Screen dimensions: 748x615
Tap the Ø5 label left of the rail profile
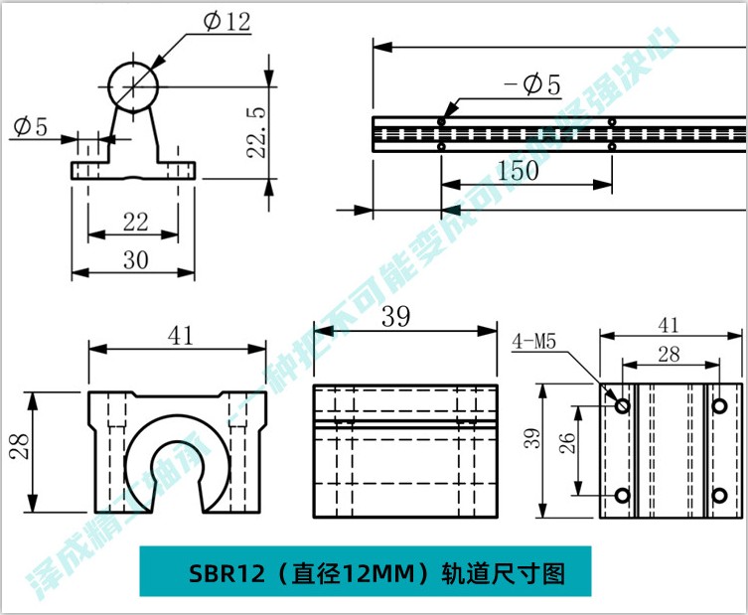coord(30,126)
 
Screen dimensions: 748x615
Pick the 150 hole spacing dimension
coord(518,170)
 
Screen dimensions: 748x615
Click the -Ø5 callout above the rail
coord(532,86)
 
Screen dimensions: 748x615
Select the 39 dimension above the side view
coord(396,318)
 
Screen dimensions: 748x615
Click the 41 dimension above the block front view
coord(180,336)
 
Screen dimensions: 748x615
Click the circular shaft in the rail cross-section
coord(133,86)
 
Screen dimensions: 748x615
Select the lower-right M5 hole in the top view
coord(718,495)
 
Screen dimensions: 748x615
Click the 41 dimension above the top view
coord(669,324)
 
